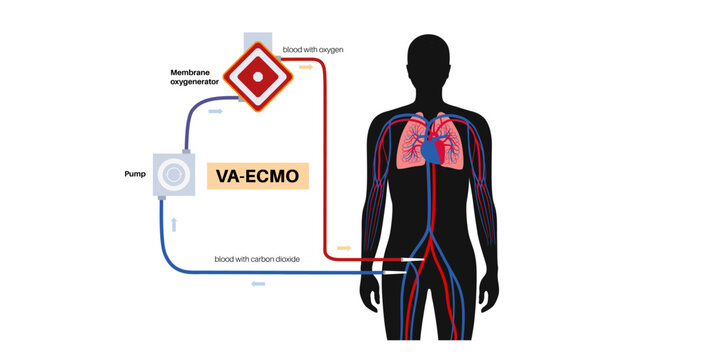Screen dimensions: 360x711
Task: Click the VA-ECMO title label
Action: coord(257,175)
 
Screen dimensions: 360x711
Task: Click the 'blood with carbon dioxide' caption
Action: coord(257,259)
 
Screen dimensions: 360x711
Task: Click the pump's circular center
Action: coord(175,175)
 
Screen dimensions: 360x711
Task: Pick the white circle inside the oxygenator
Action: coord(258,76)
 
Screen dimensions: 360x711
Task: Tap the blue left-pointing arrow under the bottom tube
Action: coord(259,284)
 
